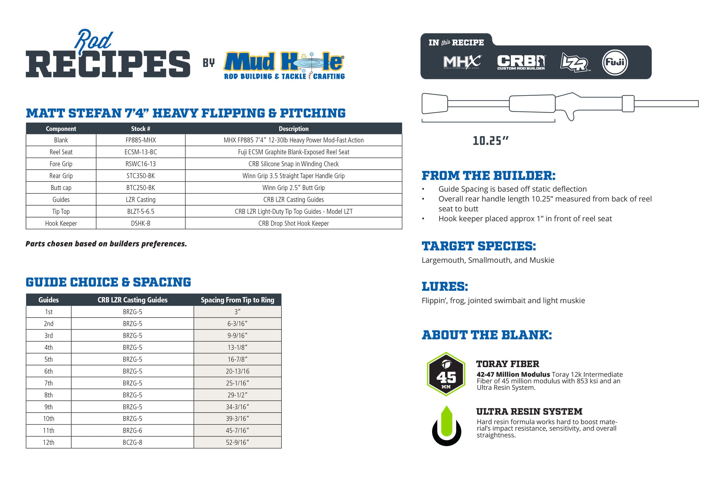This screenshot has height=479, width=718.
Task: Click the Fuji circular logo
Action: pyautogui.click(x=615, y=62)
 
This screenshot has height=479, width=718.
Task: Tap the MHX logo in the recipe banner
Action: pyautogui.click(x=462, y=62)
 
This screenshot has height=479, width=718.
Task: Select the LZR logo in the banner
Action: pyautogui.click(x=574, y=63)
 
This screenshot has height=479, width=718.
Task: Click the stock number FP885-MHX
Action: pyautogui.click(x=140, y=140)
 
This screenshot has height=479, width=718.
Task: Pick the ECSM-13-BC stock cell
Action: pyautogui.click(x=140, y=152)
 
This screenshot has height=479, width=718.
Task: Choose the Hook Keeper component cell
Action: pyautogui.click(x=61, y=223)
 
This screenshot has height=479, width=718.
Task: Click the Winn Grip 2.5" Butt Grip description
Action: pyautogui.click(x=293, y=188)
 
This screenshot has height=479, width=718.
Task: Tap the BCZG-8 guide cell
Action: pyautogui.click(x=132, y=442)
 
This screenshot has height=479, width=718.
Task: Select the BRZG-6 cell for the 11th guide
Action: pyautogui.click(x=132, y=430)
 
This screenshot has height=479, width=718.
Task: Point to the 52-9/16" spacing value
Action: pyautogui.click(x=237, y=442)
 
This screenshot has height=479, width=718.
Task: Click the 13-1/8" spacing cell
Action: pyautogui.click(x=237, y=347)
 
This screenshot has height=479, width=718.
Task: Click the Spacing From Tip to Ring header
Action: pyautogui.click(x=237, y=300)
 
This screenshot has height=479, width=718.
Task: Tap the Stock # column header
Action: pyautogui.click(x=140, y=129)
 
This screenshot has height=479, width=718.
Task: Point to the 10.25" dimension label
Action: pyautogui.click(x=490, y=141)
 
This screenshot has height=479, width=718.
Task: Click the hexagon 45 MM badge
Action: pyautogui.click(x=446, y=374)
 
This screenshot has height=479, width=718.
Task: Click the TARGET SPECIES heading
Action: pyautogui.click(x=478, y=246)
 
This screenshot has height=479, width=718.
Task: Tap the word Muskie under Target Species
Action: pyautogui.click(x=542, y=260)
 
